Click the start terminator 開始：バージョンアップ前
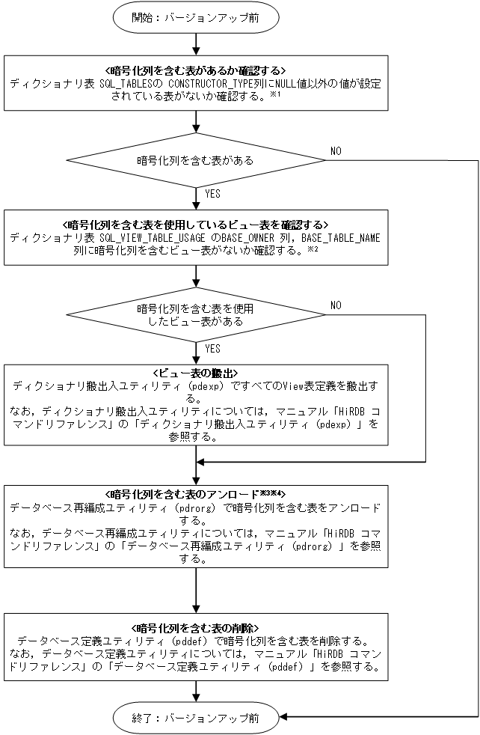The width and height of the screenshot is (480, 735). pyautogui.click(x=196, y=18)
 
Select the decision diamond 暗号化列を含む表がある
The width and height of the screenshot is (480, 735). pyautogui.click(x=196, y=160)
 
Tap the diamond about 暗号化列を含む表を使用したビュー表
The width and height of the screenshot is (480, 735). pyautogui.click(x=196, y=314)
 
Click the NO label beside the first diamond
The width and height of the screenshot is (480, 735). pyautogui.click(x=336, y=151)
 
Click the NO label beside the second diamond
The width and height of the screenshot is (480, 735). pyautogui.click(x=336, y=305)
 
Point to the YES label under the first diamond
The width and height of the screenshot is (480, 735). pyautogui.click(x=212, y=193)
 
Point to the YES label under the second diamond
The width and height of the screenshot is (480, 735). pyautogui.click(x=212, y=348)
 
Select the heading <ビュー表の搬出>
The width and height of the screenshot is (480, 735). pyautogui.click(x=195, y=373)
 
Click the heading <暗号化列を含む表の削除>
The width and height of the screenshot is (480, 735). pyautogui.click(x=195, y=627)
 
